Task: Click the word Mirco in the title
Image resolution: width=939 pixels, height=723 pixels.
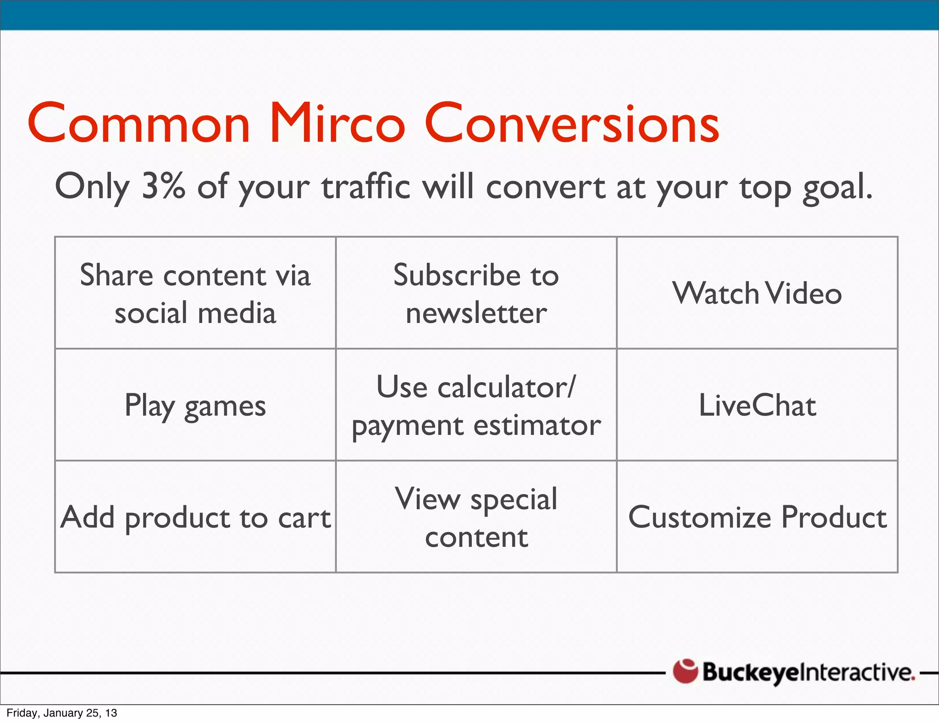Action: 337,124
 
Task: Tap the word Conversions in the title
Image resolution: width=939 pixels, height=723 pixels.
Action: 572,124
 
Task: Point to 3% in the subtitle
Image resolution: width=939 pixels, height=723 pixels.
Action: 163,186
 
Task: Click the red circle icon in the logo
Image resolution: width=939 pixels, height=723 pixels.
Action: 685,671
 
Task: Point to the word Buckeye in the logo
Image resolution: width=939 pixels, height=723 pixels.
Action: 751,673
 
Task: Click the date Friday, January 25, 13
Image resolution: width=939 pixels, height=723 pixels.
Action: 62,713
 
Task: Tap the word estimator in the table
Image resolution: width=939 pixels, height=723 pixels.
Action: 537,425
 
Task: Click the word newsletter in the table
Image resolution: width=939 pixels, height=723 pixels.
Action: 476,313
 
